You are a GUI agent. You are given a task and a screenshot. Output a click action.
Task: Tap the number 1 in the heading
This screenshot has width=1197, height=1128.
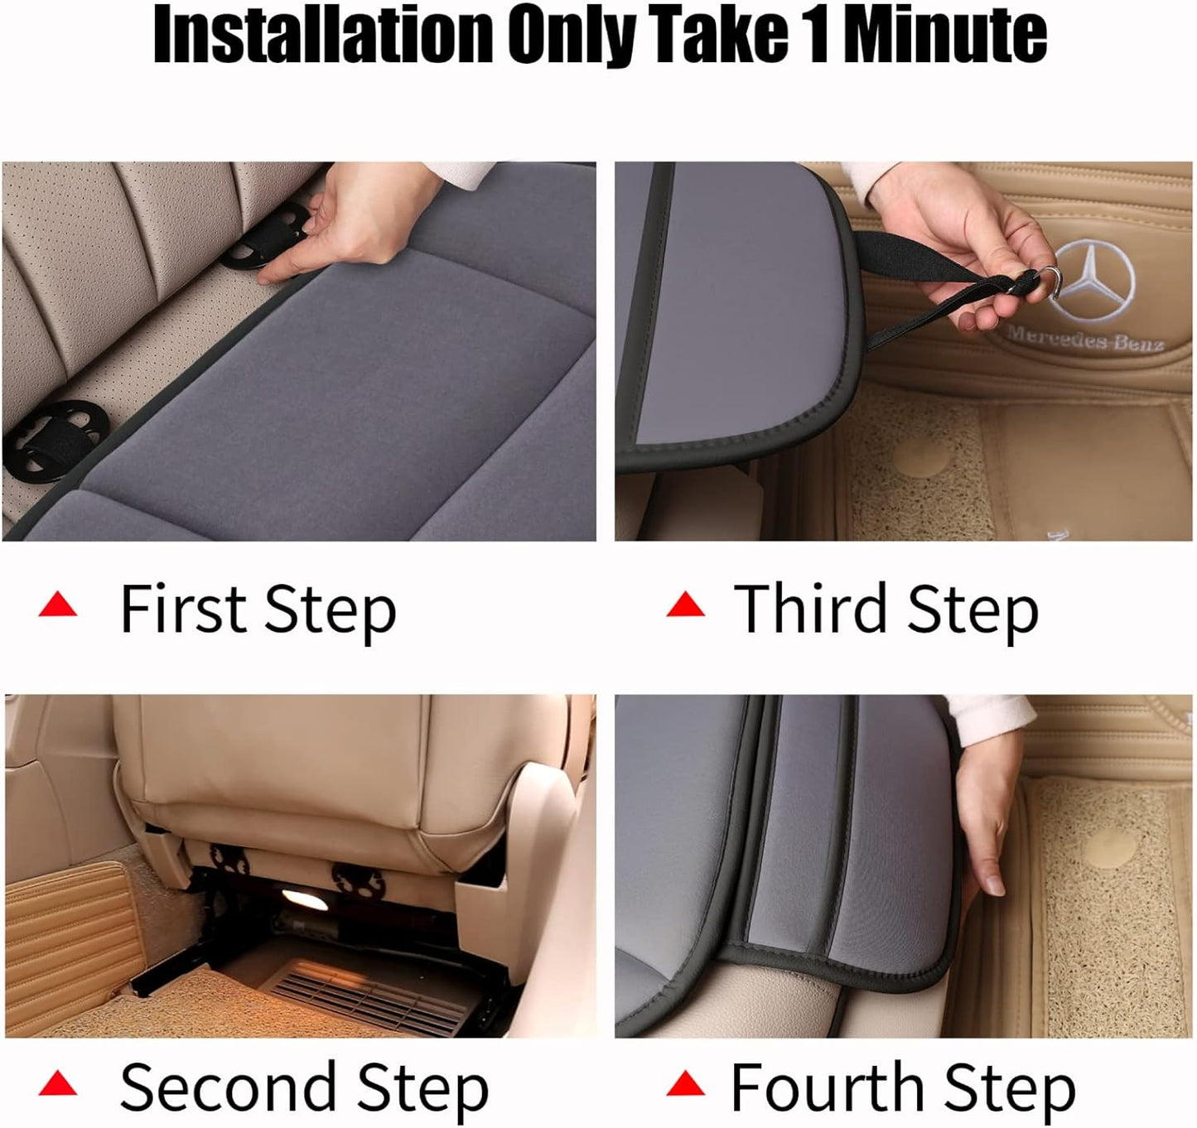click(x=818, y=35)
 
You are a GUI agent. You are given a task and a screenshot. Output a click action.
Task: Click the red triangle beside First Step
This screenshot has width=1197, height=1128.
click(x=58, y=606)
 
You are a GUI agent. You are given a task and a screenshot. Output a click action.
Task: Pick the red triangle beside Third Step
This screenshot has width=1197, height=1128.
click(x=685, y=606)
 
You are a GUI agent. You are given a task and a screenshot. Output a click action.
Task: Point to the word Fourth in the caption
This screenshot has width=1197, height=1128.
click(x=828, y=1087)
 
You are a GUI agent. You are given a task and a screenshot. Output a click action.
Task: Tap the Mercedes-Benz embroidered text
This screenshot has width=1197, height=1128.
click(x=1085, y=338)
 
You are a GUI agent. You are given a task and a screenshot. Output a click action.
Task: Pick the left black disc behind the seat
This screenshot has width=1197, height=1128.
click(x=229, y=860)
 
